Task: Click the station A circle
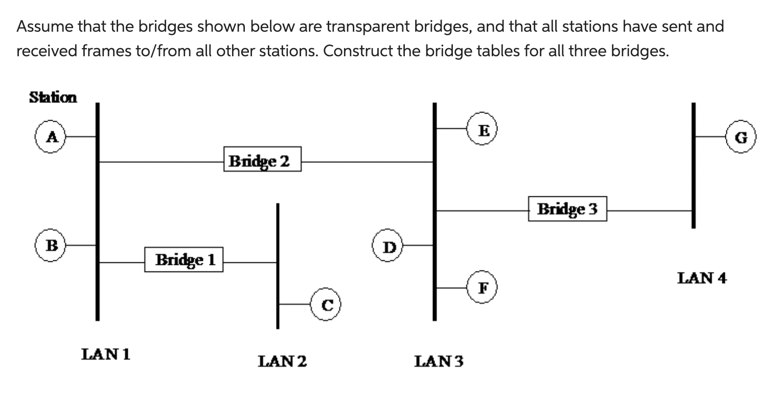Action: click(50, 137)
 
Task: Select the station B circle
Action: click(50, 245)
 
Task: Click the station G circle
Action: click(741, 137)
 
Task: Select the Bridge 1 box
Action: click(184, 260)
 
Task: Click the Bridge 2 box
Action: click(262, 160)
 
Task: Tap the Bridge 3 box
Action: click(567, 209)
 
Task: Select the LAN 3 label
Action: click(439, 362)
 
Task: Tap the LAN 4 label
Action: click(702, 278)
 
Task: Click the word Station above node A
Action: click(53, 97)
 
